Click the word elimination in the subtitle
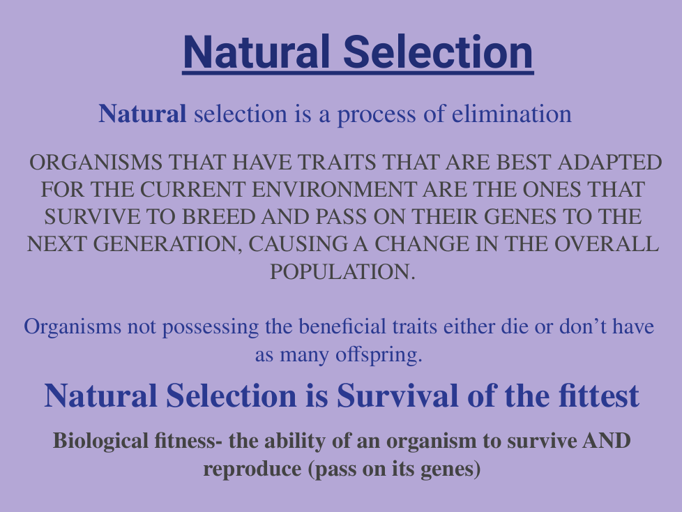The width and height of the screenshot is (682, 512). tap(512, 114)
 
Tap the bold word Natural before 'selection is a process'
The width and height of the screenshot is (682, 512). tap(142, 114)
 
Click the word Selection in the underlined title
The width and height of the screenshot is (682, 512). tap(438, 52)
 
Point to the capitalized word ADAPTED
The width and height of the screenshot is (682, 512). tap(609, 163)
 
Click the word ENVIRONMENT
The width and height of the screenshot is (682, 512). tap(333, 190)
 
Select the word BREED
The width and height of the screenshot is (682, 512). tap(218, 217)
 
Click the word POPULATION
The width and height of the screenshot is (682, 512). tap(342, 272)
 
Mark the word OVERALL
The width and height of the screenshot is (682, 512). tap(606, 244)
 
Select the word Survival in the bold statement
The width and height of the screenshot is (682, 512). tap(397, 396)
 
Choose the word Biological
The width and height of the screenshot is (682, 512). tap(101, 442)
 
